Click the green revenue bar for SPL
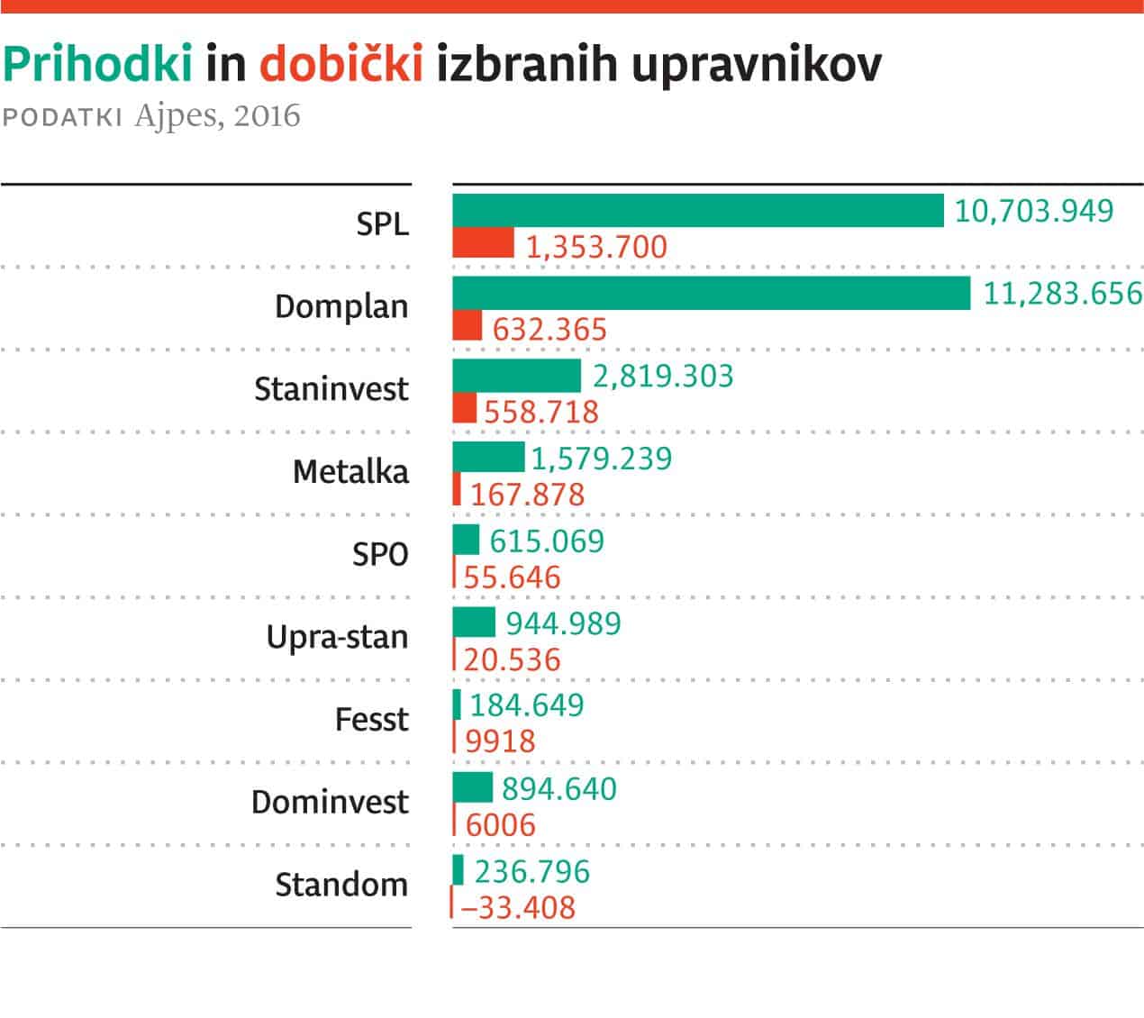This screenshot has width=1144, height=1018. (x=697, y=210)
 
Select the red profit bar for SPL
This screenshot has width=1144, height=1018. (x=483, y=243)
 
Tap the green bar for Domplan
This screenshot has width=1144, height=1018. (x=711, y=293)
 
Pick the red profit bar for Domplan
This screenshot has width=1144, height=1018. (x=467, y=326)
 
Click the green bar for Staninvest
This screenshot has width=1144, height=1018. (x=516, y=375)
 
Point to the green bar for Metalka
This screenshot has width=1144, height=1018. (x=487, y=457)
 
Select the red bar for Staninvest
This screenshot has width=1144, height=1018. (x=464, y=408)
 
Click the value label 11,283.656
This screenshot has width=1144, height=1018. (x=1062, y=293)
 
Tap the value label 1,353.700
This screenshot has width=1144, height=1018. (x=596, y=246)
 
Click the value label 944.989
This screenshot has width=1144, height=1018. (x=564, y=623)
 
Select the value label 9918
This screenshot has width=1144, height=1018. (x=500, y=741)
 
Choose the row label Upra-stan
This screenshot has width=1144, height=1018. (x=338, y=637)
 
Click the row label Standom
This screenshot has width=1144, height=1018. (x=341, y=884)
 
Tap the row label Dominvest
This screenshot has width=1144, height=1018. (x=330, y=801)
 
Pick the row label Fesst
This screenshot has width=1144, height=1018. (x=371, y=719)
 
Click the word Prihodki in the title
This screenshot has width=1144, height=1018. (x=98, y=64)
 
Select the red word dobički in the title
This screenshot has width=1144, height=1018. (x=341, y=64)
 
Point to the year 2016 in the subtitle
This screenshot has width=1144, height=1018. (x=266, y=117)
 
